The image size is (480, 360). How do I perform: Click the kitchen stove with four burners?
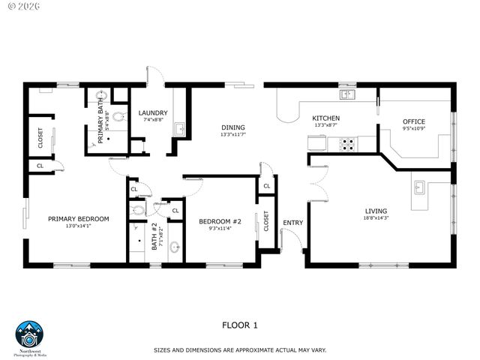coord(348,143)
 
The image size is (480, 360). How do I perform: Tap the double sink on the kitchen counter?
coord(346,95)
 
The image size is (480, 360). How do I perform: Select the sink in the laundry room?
coord(179,130)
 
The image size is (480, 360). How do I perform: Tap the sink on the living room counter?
coord(420,187)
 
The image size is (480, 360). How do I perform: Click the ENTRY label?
coord(292,222)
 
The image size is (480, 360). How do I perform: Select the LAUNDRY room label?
coord(153,113)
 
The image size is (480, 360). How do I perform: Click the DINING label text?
coord(233,127)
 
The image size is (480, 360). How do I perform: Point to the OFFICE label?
coord(413,121)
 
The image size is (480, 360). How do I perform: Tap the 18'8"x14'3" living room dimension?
coord(376,218)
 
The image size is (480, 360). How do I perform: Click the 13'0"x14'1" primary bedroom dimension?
coord(78,226)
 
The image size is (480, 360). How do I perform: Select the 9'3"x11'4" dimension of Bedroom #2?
coord(219,229)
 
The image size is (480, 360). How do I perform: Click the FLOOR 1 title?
coord(240,325)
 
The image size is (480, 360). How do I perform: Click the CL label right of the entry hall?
coord(266,187)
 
